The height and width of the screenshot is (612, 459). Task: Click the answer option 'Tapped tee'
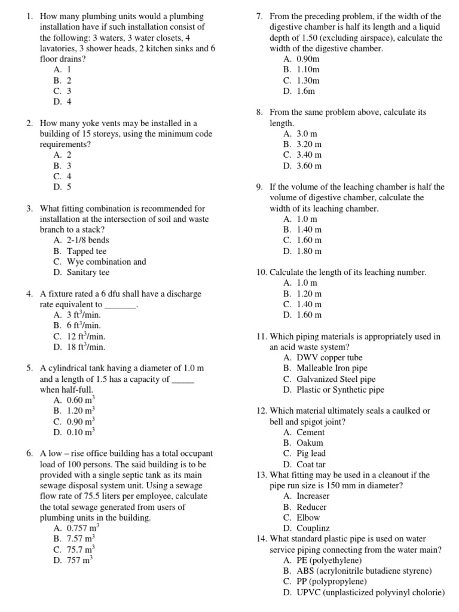coord(88,251)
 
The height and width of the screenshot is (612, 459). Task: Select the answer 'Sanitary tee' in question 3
coord(88,273)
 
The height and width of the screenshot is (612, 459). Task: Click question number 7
coord(259,17)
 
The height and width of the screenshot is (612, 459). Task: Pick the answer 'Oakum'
coord(310,443)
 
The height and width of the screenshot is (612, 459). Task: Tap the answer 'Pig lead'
coord(311,454)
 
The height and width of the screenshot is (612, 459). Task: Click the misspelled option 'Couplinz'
coord(313,528)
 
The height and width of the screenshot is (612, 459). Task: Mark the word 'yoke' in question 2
coord(97,123)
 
